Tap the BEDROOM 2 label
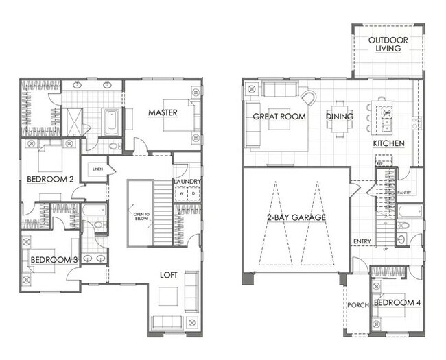(x=51, y=180)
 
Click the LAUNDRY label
(x=187, y=182)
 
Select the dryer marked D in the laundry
(x=193, y=193)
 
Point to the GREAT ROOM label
(x=279, y=117)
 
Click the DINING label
(x=340, y=117)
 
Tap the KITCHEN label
(x=388, y=144)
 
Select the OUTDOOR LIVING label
(x=388, y=45)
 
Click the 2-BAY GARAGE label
(x=297, y=217)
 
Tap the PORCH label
(x=355, y=306)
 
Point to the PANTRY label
(x=404, y=193)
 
